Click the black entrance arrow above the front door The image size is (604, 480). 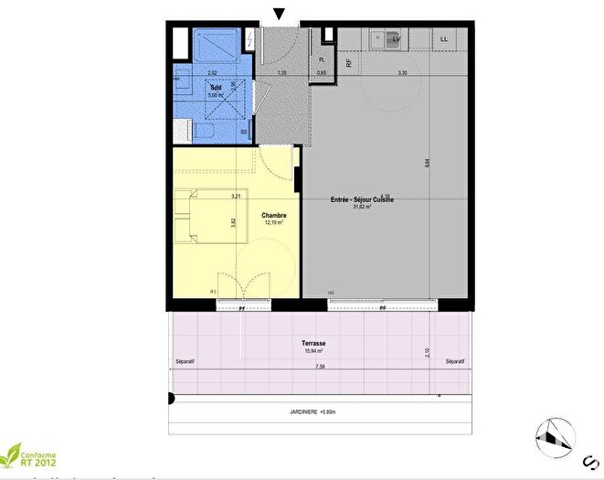pos(279,13)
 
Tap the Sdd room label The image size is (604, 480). pos(217,87)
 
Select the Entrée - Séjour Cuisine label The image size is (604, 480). pos(362,199)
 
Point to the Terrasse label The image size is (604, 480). pos(314,344)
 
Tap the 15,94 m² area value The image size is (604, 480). pos(314,351)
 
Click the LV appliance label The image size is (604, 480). pos(397,39)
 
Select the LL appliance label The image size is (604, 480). pos(444,39)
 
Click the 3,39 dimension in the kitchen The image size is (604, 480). pos(402,72)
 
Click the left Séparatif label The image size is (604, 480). pos(185,362)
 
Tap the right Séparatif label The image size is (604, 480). pos(455,362)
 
